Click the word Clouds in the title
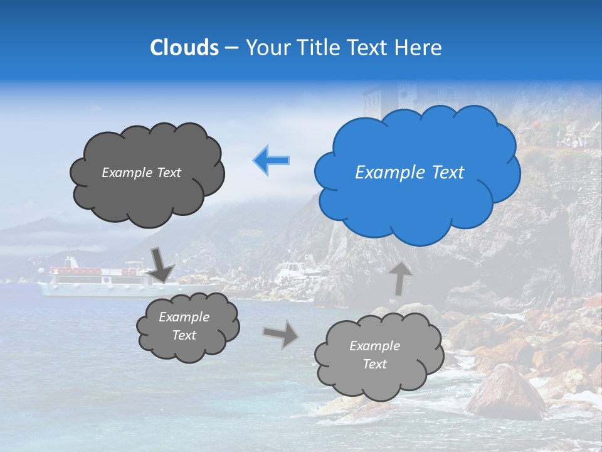184,48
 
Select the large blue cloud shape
417,173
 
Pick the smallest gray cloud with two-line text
187,326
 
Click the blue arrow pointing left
272,160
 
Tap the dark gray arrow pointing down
161,264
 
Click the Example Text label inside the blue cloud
409,173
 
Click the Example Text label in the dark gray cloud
141,173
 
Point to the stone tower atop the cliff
383,97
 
